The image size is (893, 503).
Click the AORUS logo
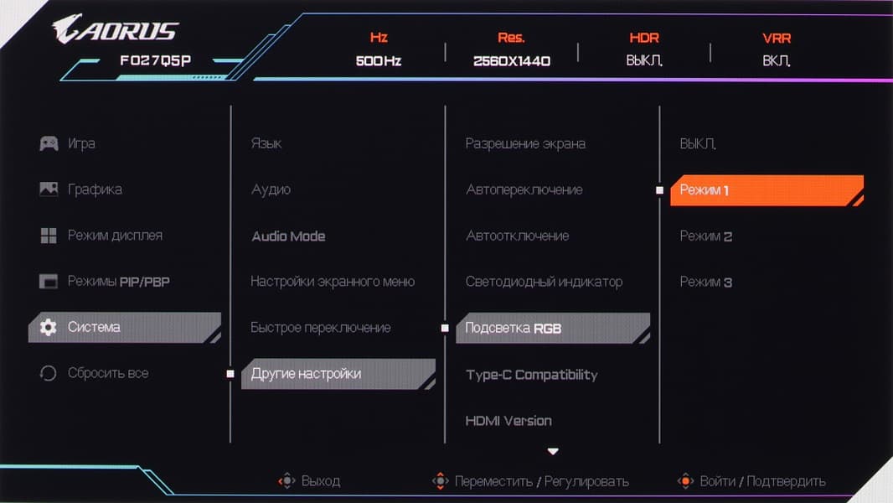[116, 29]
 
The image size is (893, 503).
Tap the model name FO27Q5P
[156, 60]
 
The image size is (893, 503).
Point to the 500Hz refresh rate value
[379, 61]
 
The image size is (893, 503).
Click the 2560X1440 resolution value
[512, 61]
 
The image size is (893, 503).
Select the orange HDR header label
[644, 39]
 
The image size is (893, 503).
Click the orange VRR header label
[777, 39]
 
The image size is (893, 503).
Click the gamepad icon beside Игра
[49, 143]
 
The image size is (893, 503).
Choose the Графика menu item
[95, 189]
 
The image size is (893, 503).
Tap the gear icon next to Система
[49, 327]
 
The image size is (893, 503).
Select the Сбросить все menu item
[108, 373]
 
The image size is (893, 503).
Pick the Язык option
[266, 143]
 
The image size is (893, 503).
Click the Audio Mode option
[288, 236]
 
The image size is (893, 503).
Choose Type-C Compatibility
[531, 375]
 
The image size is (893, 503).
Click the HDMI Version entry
[508, 421]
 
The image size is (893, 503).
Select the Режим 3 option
[705, 282]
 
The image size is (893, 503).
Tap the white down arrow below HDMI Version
[552, 451]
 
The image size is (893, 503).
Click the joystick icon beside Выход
[287, 480]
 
